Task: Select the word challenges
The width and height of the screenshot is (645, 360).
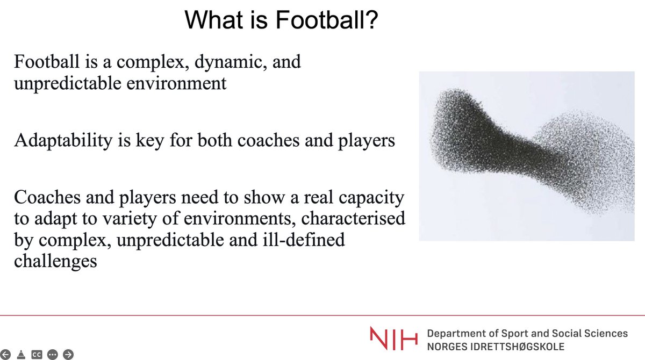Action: (56, 261)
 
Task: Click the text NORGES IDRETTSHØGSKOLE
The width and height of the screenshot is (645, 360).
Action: (496, 347)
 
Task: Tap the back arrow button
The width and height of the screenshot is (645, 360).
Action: (7, 354)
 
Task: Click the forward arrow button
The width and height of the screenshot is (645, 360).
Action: (68, 354)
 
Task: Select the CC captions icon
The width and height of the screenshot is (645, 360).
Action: (37, 354)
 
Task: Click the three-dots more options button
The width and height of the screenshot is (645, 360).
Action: (52, 354)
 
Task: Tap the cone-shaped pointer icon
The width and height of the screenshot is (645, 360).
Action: (21, 354)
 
